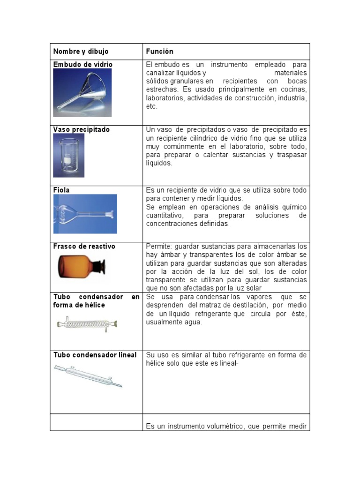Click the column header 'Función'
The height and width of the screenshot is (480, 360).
(159, 52)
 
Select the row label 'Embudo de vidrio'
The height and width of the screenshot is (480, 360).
(83, 64)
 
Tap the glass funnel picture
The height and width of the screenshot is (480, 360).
(82, 92)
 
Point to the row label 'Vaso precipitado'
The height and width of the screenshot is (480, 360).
(82, 129)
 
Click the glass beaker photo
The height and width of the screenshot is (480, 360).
(69, 155)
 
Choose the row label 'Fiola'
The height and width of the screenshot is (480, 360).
(61, 190)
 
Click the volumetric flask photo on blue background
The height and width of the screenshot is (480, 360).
(85, 214)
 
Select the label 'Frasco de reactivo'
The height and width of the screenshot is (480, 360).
(84, 246)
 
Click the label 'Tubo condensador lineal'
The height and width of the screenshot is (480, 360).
(95, 355)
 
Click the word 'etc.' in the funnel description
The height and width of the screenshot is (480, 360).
(152, 106)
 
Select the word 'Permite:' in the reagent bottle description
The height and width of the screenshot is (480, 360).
(159, 246)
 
